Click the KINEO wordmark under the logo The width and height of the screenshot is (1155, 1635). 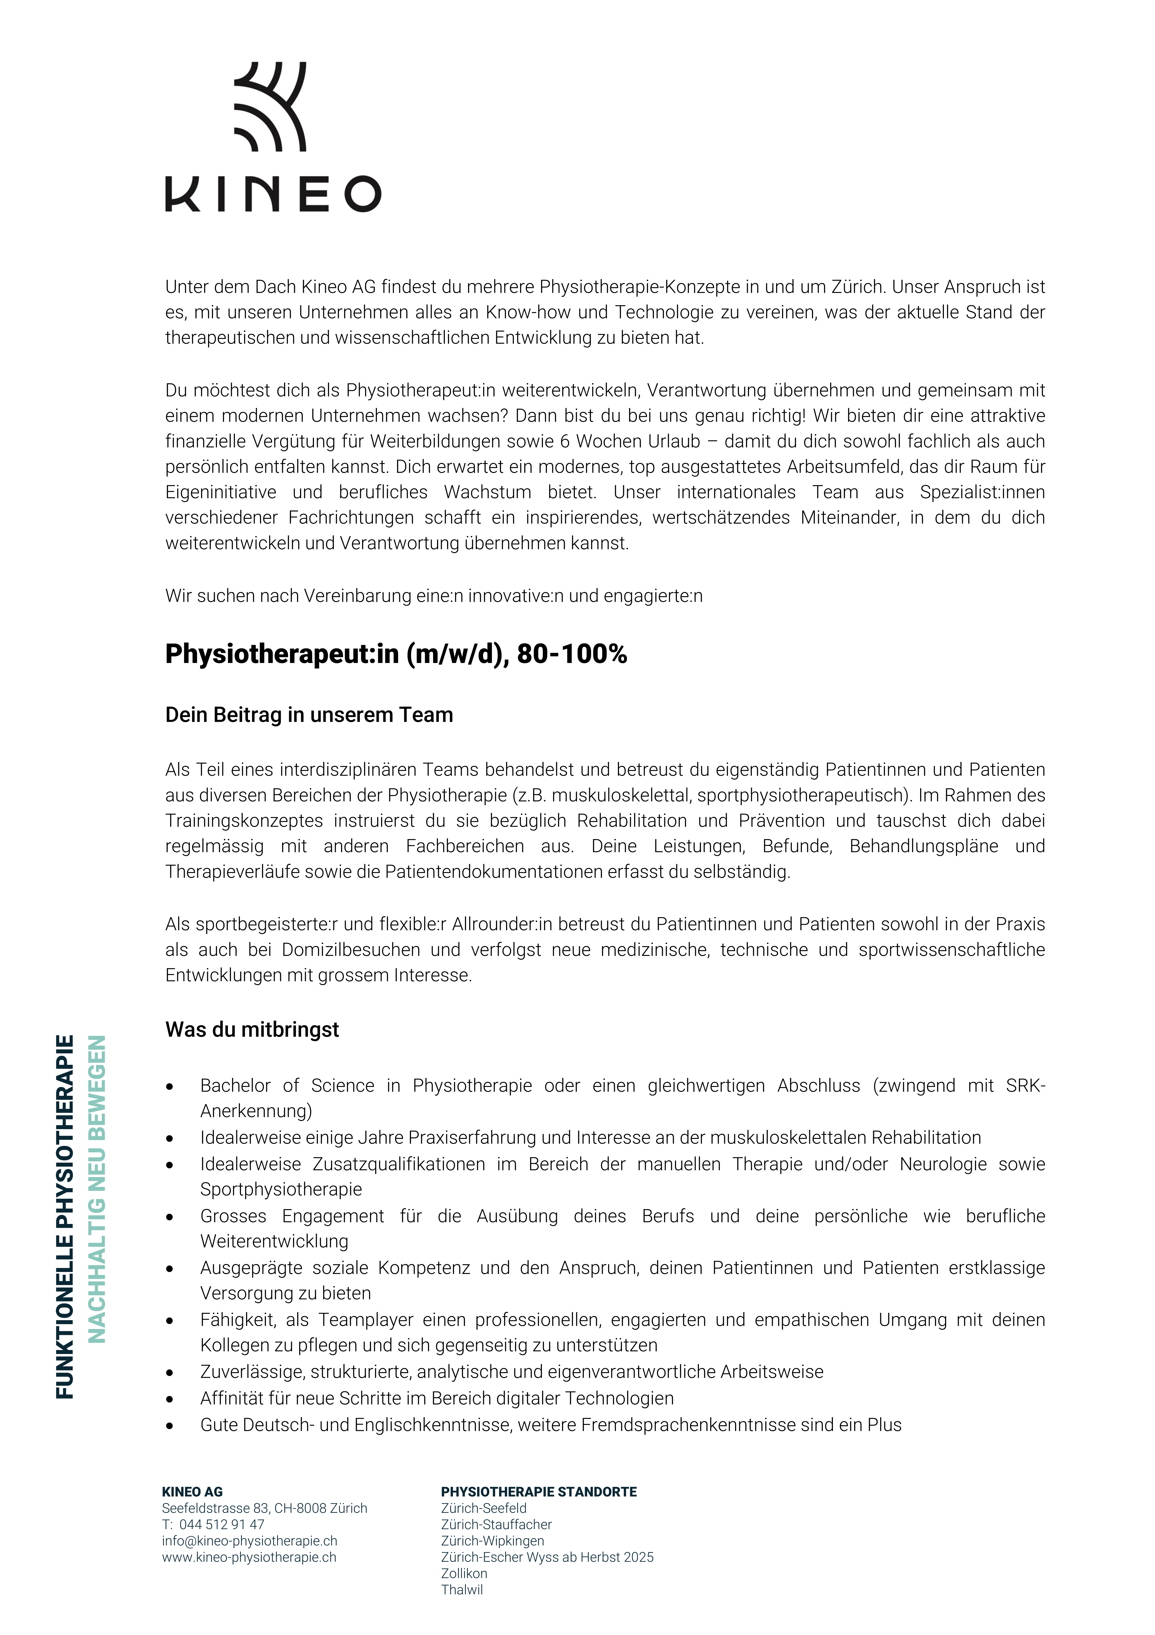[x=273, y=194]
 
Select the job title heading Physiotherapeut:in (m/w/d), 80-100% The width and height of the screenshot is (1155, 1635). [x=396, y=654]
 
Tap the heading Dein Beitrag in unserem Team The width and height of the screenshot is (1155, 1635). [x=309, y=715]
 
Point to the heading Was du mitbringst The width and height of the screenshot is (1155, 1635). [x=252, y=1030]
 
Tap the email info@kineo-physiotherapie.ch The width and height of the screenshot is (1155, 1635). [x=249, y=1541]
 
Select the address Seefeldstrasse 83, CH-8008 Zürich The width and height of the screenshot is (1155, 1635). [x=264, y=1508]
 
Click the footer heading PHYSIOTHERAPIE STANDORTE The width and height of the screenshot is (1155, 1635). [x=538, y=1492]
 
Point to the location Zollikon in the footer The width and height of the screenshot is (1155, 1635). [x=464, y=1574]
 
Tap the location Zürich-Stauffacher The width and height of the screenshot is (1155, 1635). [x=496, y=1525]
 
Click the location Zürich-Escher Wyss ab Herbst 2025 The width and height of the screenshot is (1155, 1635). [x=547, y=1557]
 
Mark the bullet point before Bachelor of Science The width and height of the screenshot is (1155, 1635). [x=169, y=1087]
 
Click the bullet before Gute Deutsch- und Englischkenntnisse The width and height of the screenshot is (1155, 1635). [x=169, y=1426]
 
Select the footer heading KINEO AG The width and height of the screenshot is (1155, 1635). [x=192, y=1492]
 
